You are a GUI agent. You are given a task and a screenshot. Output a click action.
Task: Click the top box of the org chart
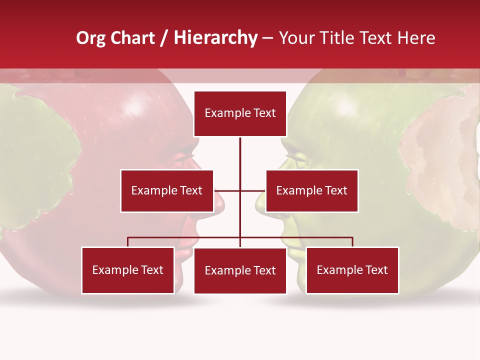240,113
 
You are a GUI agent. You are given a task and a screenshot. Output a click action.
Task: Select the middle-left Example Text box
166,190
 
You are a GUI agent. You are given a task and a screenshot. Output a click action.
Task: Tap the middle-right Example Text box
311,190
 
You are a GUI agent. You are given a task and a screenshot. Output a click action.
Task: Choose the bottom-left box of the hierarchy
128,270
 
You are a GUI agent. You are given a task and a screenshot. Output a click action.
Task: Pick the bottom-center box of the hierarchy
240,270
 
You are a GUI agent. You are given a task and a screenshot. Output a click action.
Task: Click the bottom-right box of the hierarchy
352,270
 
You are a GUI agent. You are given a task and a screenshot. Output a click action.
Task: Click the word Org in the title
90,38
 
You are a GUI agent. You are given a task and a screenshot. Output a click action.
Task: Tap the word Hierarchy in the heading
215,38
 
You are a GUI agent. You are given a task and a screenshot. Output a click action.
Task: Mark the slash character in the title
164,38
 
